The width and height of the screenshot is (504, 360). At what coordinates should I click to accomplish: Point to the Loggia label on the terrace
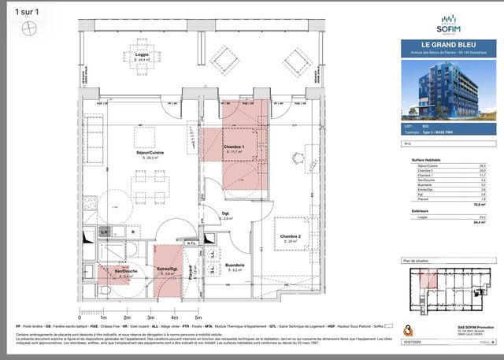tap(142, 55)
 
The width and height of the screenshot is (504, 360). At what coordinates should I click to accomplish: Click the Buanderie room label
tap(235, 265)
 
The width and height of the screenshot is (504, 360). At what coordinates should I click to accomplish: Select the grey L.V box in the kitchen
tap(103, 232)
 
